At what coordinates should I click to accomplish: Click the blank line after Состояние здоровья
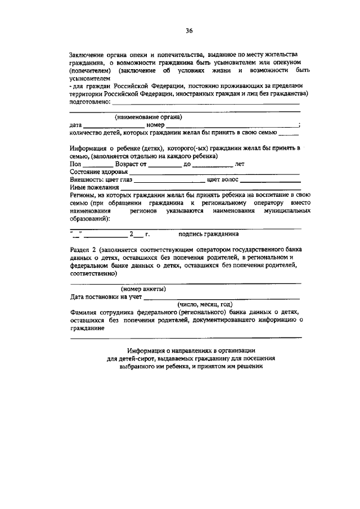click(x=214, y=173)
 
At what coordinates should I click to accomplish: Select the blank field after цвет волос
click(x=270, y=181)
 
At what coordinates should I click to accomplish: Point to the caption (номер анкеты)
click(x=143, y=289)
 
